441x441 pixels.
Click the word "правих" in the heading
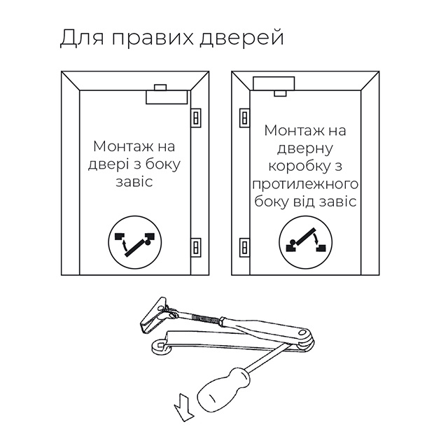point(153,38)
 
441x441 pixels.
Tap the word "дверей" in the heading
point(241,37)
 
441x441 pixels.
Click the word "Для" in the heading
point(82,38)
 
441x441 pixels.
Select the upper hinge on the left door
point(196,118)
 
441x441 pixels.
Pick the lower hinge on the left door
point(196,248)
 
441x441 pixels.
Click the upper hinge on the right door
point(244,118)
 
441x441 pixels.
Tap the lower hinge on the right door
point(244,248)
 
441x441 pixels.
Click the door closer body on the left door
point(167,97)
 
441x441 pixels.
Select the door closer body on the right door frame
point(274,83)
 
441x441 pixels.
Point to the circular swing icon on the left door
point(135,242)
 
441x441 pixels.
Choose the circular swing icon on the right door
point(306,242)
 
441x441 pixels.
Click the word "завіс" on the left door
point(134,181)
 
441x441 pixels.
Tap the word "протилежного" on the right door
point(305,185)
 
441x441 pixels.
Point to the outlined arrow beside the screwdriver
point(184,408)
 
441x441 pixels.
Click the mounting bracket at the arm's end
point(155,315)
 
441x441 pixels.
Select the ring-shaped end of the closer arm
point(160,346)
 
